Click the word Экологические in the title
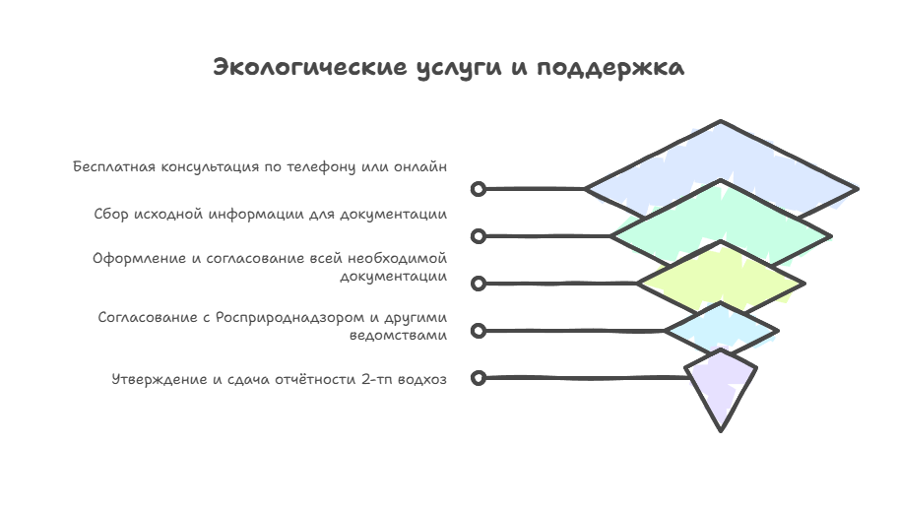(310, 67)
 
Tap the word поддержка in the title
(609, 68)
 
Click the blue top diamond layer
(721, 156)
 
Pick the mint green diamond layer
(721, 217)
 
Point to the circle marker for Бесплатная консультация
(479, 189)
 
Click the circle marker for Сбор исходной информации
(479, 236)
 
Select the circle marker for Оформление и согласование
(479, 284)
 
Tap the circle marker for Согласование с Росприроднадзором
(479, 331)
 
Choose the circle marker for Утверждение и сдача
(479, 378)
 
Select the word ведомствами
(398, 335)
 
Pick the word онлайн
(419, 167)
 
